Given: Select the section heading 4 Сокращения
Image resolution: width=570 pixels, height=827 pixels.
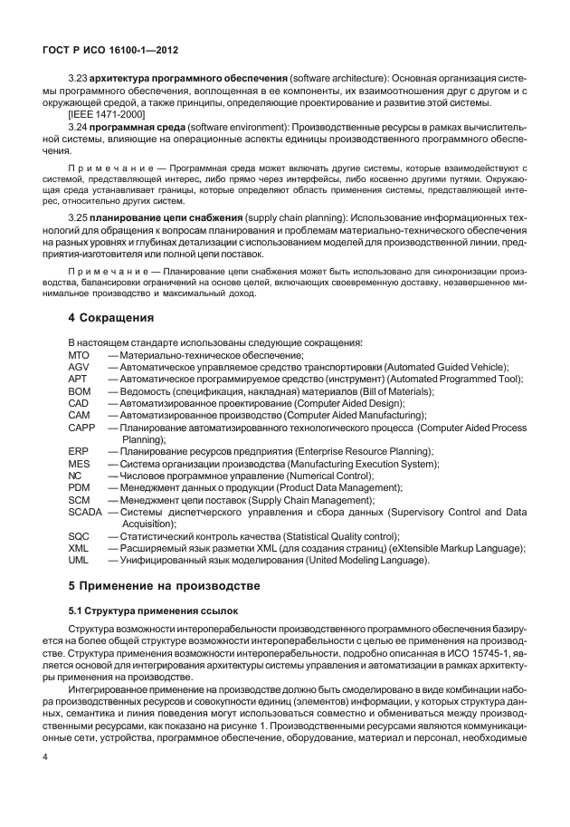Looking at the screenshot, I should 113,319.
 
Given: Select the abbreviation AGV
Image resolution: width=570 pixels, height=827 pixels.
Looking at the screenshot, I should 79,366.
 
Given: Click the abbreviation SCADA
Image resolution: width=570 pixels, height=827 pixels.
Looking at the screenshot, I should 85,511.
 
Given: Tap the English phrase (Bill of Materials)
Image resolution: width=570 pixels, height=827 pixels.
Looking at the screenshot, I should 390,390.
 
